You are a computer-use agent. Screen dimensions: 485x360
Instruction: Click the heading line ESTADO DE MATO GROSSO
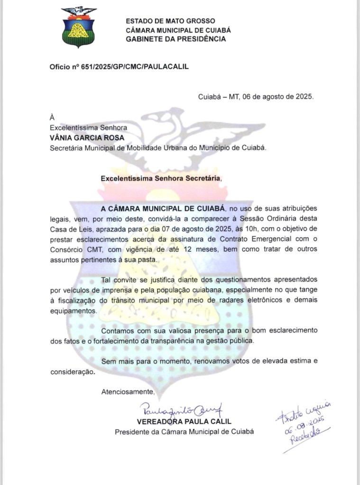point(170,21)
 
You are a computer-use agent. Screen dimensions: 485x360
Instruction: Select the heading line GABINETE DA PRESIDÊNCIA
point(175,39)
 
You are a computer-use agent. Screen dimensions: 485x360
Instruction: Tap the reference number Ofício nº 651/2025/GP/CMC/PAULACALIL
point(119,67)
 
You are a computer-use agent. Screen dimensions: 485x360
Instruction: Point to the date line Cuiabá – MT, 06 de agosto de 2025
point(256,97)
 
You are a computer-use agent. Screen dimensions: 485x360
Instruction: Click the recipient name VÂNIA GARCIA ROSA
point(87,137)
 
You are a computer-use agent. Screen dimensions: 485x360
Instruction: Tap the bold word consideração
point(72,372)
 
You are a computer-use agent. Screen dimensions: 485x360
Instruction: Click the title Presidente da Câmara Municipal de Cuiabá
point(185,431)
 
